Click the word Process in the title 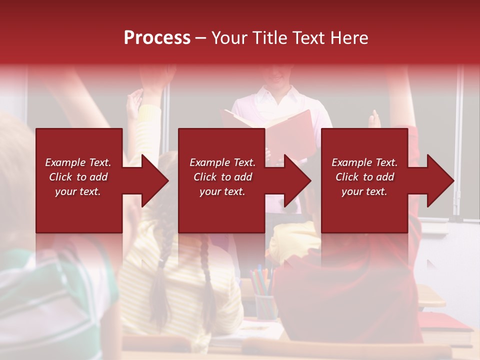[x=157, y=38]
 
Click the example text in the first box [x=78, y=177]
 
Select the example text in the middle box [x=222, y=177]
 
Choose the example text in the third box [x=364, y=177]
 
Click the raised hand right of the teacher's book [x=374, y=120]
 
